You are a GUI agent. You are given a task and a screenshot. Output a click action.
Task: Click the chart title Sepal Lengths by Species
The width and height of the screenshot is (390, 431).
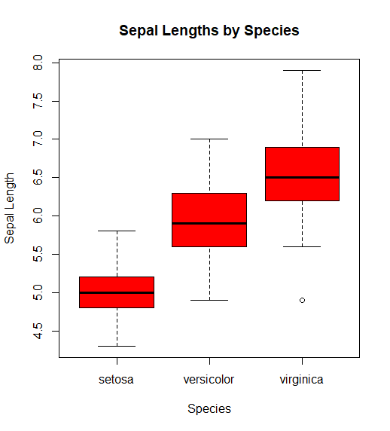(x=209, y=30)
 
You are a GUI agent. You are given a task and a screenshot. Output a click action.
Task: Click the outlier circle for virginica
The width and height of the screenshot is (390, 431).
(x=302, y=300)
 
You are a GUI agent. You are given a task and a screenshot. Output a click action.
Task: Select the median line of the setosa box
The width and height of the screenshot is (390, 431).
(x=117, y=292)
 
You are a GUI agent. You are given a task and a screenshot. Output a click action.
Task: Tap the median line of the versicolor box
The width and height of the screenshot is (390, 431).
(x=209, y=223)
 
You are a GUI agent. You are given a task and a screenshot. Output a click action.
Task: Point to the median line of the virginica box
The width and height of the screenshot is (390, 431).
(x=302, y=177)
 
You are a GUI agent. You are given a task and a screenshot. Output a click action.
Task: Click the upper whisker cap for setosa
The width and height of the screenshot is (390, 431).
(x=117, y=231)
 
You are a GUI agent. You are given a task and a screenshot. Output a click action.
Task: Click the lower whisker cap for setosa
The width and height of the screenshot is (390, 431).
(x=117, y=346)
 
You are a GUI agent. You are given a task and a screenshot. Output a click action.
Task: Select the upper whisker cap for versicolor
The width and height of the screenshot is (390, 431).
(x=209, y=139)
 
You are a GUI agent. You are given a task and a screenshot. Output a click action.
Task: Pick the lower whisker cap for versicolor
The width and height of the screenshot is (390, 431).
(x=209, y=300)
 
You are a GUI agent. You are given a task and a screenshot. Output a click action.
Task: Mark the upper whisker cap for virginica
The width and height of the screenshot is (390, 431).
(x=302, y=70)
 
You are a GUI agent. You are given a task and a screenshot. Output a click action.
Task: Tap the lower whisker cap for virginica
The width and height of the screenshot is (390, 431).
(x=302, y=246)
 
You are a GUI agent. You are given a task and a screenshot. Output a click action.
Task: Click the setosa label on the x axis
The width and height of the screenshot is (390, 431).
(x=116, y=380)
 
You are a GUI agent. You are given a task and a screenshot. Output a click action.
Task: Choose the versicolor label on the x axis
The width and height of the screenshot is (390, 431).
(x=209, y=380)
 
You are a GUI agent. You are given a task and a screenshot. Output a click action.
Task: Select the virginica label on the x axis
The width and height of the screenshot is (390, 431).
(x=302, y=381)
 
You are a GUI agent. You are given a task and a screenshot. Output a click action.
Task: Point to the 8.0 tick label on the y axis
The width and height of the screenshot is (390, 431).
(x=38, y=63)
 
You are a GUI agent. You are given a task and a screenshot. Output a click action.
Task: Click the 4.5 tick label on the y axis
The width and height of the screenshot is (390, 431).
(x=38, y=332)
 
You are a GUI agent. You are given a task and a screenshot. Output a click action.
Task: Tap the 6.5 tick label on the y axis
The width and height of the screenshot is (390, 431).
(x=38, y=178)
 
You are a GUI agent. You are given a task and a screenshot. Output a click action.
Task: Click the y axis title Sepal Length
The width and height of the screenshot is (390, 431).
(x=9, y=208)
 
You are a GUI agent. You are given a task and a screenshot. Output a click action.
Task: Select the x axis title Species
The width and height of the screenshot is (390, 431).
(x=209, y=409)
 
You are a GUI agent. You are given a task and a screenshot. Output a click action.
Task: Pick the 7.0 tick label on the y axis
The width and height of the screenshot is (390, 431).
(x=38, y=139)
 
